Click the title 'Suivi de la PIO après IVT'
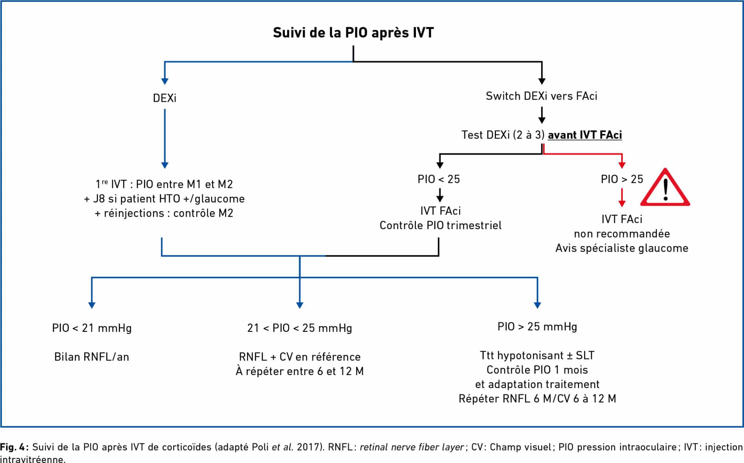(353, 33)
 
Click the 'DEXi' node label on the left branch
(165, 98)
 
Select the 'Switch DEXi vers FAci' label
(541, 96)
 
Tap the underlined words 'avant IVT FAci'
(585, 135)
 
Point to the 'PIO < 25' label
(439, 179)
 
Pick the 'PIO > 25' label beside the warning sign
(622, 179)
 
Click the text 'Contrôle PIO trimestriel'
(440, 225)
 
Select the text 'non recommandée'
(622, 234)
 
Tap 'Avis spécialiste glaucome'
(622, 248)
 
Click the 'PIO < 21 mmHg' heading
(92, 328)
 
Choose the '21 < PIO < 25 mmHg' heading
(300, 328)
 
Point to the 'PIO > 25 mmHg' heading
(537, 327)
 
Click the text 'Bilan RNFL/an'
(92, 357)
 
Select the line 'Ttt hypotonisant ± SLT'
(537, 355)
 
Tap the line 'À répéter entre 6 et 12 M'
(300, 371)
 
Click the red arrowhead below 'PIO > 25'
(622, 204)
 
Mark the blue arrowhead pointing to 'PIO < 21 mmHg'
(92, 305)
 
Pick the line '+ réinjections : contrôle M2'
(164, 213)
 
